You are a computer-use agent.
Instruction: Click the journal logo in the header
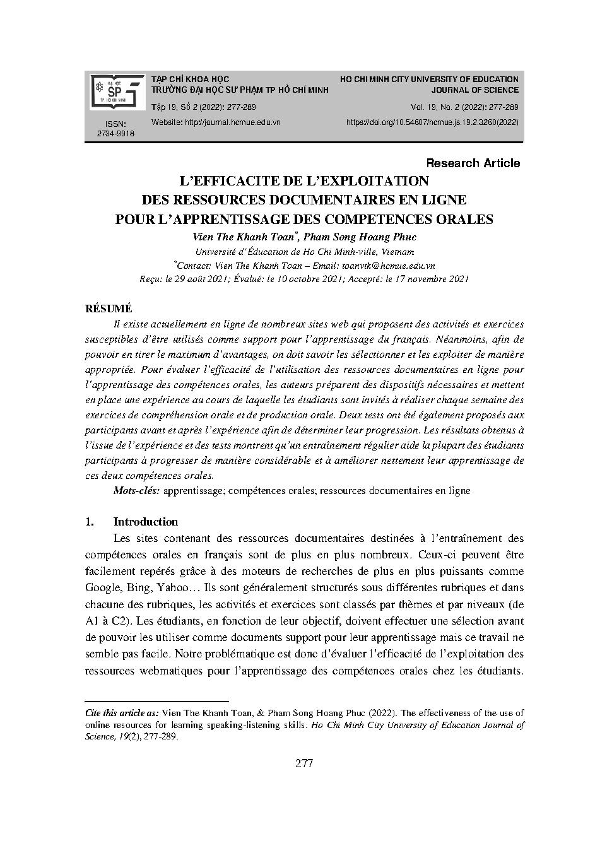click(115, 90)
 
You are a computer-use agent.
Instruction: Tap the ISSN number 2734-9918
click(115, 134)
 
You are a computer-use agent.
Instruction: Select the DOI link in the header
click(432, 122)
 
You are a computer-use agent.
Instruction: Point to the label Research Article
click(473, 163)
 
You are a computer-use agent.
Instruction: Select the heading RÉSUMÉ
click(109, 309)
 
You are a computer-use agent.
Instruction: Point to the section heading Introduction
click(145, 522)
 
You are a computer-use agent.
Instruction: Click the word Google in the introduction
click(101, 588)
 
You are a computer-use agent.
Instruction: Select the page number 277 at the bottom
click(303, 764)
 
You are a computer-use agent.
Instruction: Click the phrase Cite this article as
click(122, 713)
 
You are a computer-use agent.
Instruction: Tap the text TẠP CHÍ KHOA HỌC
click(191, 79)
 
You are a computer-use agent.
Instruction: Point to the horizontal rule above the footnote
click(156, 701)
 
